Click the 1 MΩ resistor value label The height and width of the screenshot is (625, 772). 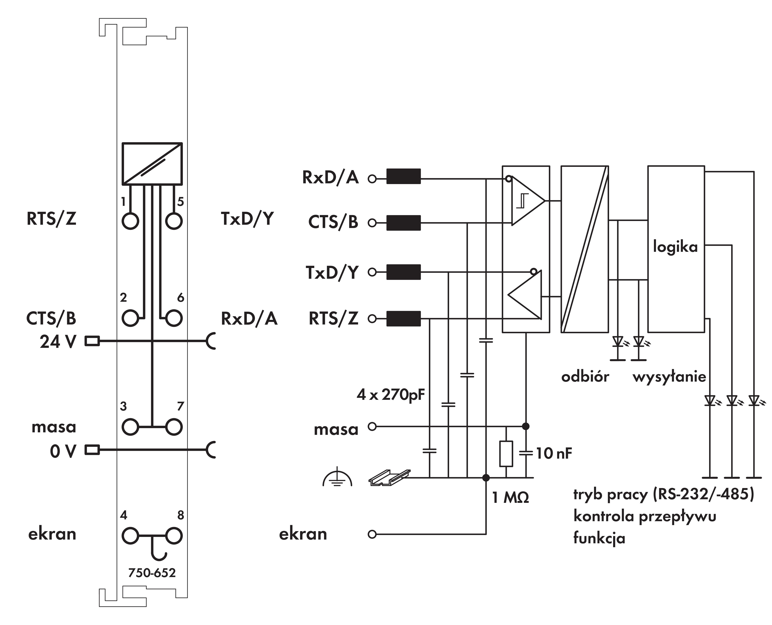pos(510,498)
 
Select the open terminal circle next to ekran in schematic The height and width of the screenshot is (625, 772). pos(372,534)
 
